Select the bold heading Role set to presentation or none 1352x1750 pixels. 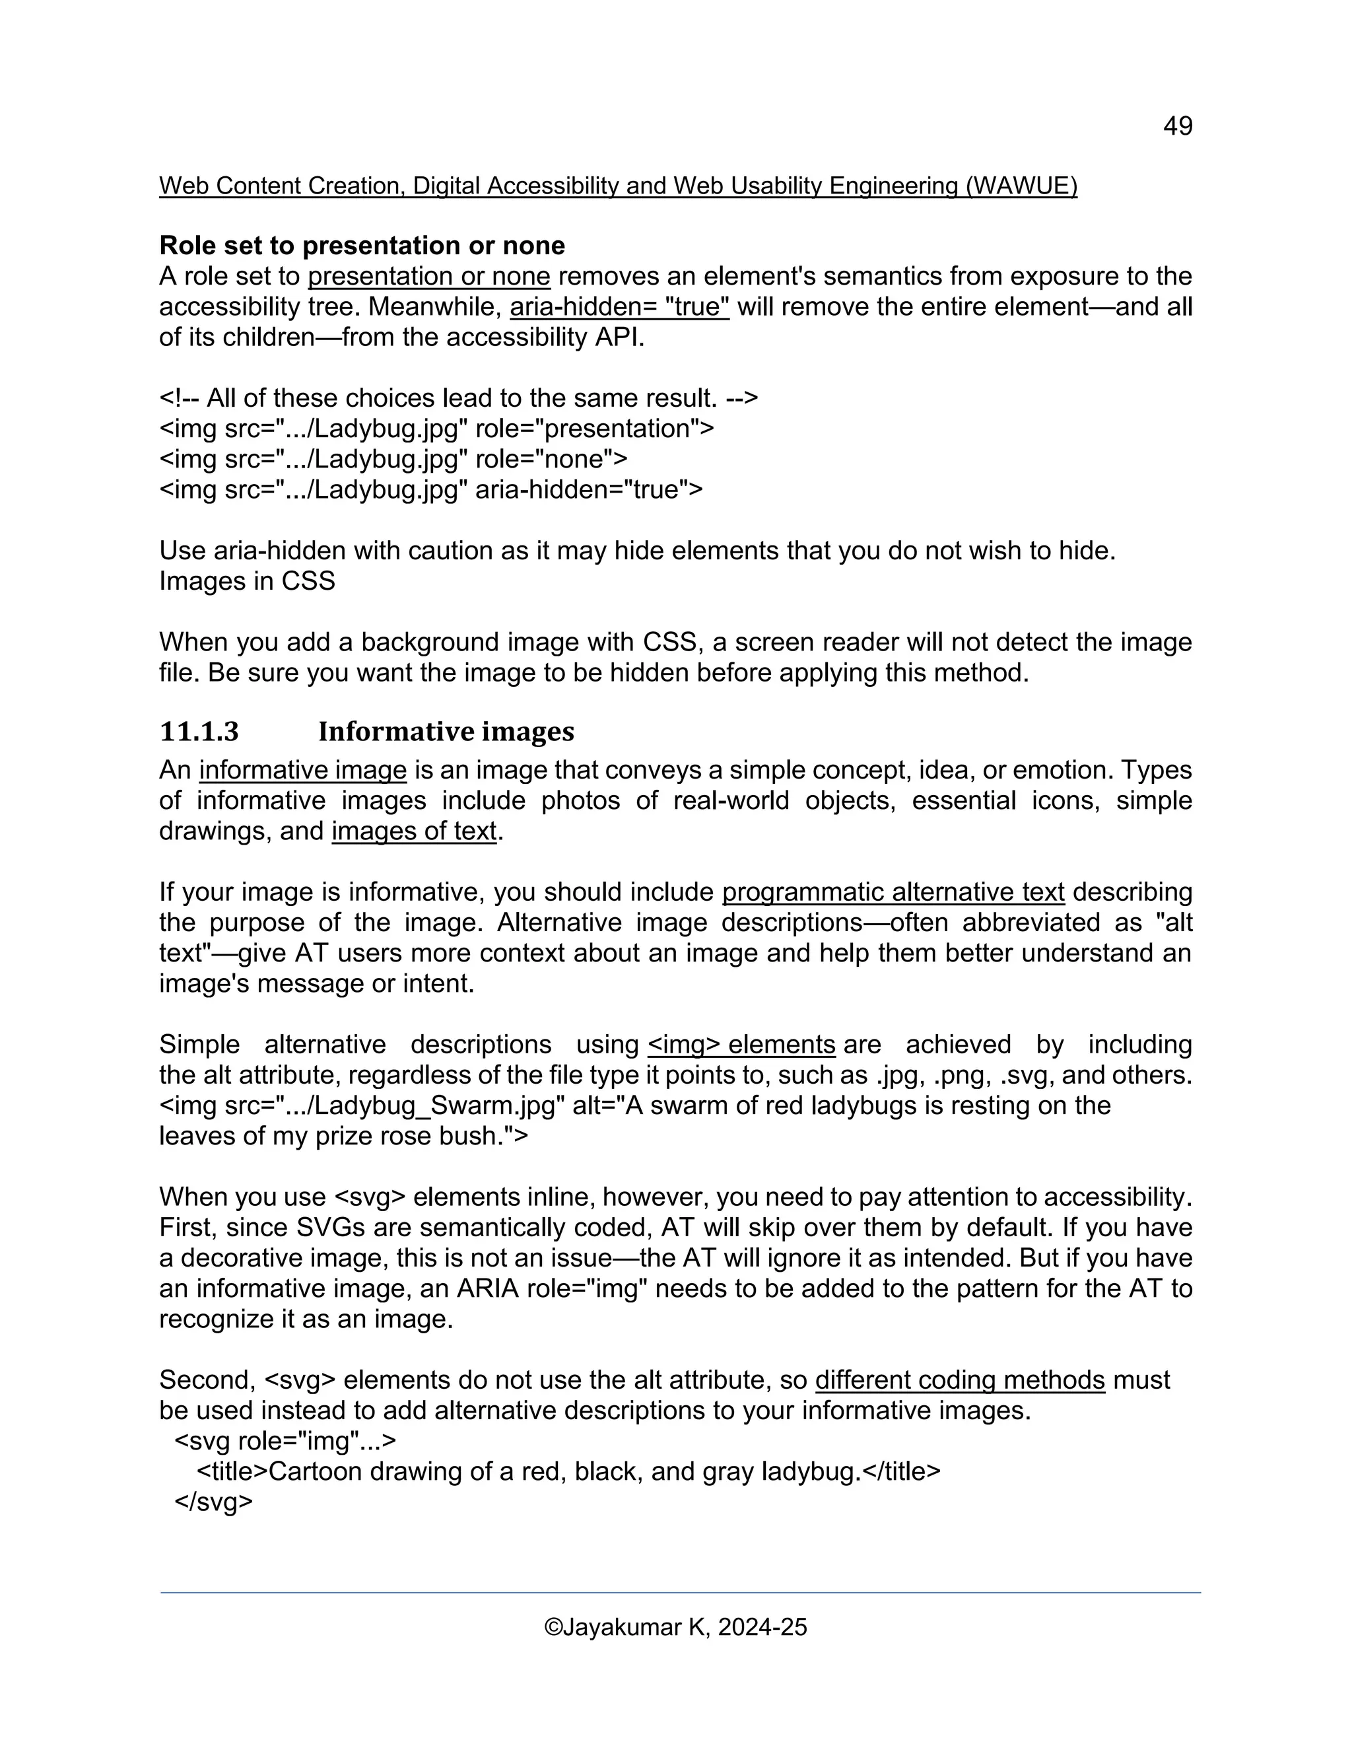point(362,245)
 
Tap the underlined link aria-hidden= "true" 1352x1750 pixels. point(619,307)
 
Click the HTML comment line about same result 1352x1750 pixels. point(458,398)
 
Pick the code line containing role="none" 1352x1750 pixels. point(393,459)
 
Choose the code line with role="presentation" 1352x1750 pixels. point(436,429)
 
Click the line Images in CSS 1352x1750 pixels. point(247,581)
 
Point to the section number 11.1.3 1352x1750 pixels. point(199,732)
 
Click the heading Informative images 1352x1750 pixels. point(446,732)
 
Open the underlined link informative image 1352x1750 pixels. point(303,770)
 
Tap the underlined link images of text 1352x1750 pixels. point(414,831)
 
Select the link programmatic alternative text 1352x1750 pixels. point(893,892)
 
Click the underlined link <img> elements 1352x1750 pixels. point(741,1045)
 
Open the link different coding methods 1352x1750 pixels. point(959,1380)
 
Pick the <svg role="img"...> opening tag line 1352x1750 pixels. point(285,1441)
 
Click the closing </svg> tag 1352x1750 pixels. point(213,1502)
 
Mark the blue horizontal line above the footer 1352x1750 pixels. point(680,1593)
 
